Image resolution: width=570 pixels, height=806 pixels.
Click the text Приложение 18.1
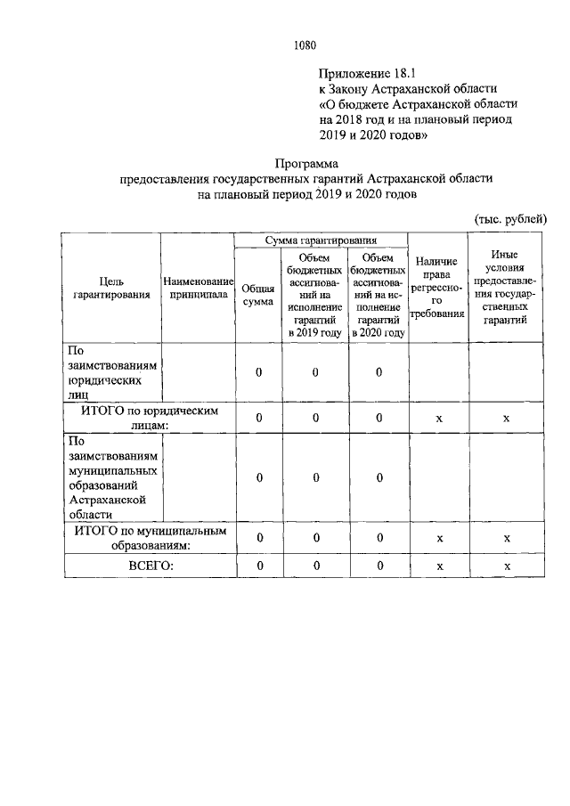click(x=366, y=72)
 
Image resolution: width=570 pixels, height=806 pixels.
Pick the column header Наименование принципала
click(x=198, y=289)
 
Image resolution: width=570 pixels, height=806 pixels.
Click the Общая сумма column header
click(x=258, y=296)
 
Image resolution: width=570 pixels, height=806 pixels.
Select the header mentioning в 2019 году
click(x=314, y=295)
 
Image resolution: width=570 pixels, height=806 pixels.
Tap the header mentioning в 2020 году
click(x=379, y=295)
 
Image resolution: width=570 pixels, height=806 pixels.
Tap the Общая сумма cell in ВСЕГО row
click(x=258, y=566)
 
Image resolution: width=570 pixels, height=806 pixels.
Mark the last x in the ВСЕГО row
click(x=506, y=566)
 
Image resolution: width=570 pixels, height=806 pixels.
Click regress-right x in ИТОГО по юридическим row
click(x=437, y=418)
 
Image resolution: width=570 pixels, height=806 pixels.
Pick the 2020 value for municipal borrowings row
click(x=379, y=478)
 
